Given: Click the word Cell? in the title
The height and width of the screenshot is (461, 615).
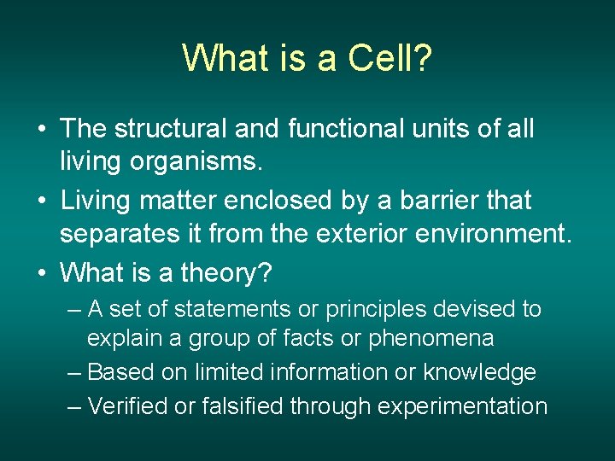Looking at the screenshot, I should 389,59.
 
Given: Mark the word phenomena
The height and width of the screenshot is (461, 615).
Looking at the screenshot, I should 430,339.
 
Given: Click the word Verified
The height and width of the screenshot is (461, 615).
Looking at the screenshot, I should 128,406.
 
